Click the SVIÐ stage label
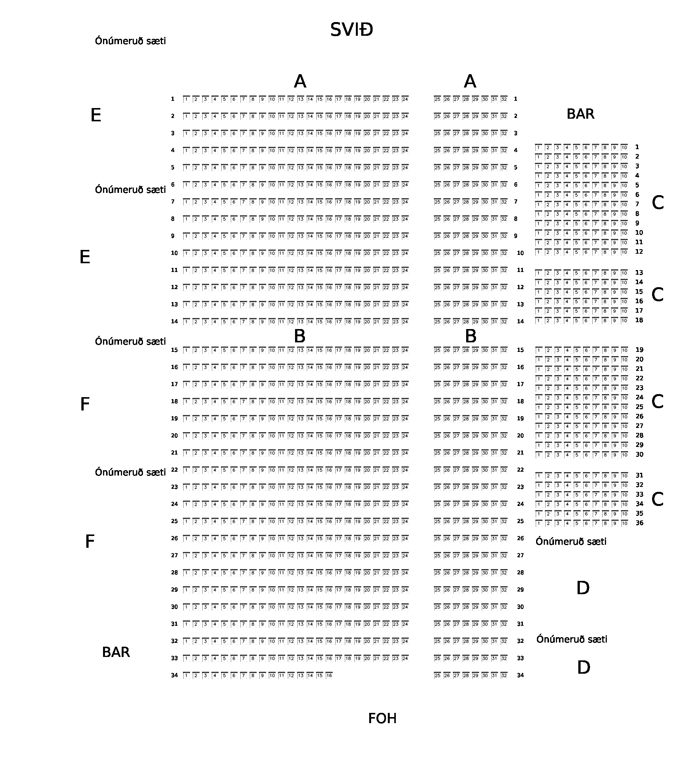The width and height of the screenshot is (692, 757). coord(351,30)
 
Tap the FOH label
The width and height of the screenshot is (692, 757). coord(382,719)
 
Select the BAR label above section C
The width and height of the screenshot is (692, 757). coord(580,114)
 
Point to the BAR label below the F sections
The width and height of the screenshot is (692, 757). coord(116,652)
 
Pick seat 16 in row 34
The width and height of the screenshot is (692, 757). coord(329,676)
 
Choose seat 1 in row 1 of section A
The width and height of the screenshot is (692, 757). coord(186,99)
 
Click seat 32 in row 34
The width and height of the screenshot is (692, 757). coord(504,676)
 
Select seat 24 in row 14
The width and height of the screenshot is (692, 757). coord(405,322)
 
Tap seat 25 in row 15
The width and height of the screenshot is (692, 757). coord(437,350)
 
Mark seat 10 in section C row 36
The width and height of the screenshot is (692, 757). coord(624,523)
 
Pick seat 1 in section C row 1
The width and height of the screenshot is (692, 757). coord(538,148)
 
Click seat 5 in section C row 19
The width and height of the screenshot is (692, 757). coord(576,350)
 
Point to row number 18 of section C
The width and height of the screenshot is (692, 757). coord(639,320)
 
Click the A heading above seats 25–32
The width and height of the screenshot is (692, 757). coord(470,81)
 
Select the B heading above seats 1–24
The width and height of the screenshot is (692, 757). coord(300,336)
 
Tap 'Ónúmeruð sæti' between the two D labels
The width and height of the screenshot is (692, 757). coord(571,639)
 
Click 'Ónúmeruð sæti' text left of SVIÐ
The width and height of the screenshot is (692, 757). coord(130,41)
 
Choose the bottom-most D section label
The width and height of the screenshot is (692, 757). coord(583,668)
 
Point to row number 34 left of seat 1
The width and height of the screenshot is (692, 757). coord(174,676)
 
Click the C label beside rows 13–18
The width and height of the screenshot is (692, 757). coord(657,295)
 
